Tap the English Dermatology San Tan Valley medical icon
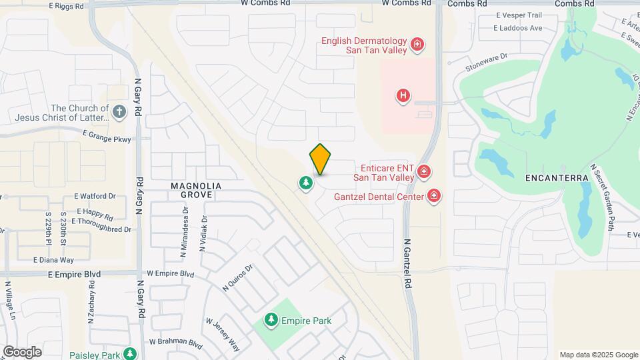coord(417,45)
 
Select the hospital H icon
coord(403,96)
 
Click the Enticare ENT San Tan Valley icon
coord(423,173)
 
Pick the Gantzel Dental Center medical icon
coord(434,196)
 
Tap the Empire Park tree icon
coord(271,321)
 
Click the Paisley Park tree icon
coord(130,353)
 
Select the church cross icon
coord(119,111)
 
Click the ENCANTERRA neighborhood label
coord(557,178)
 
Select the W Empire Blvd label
coord(170,273)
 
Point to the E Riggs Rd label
coord(67,5)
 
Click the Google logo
coord(22,351)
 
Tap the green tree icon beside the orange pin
coord(305,183)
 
